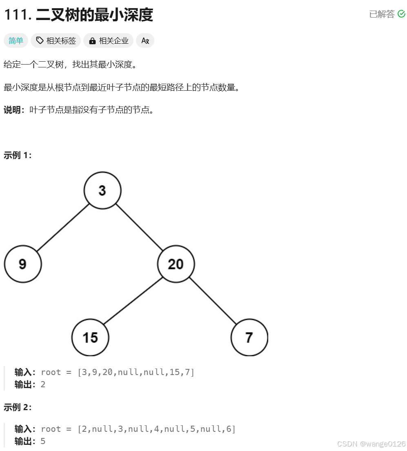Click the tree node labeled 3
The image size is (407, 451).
click(102, 190)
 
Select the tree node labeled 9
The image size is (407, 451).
click(23, 264)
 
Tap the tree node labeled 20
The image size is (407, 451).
click(176, 264)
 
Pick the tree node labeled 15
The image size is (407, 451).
click(90, 337)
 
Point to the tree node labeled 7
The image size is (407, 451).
click(249, 337)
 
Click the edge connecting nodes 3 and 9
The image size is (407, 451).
click(62, 227)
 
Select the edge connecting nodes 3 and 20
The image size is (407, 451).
click(139, 227)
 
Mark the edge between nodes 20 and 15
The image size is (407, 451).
click(133, 301)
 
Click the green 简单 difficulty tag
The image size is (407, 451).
click(16, 40)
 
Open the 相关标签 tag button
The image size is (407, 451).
click(56, 40)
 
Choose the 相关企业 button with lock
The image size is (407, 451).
click(109, 40)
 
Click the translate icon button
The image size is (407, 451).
click(145, 40)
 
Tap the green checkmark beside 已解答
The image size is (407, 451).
click(401, 14)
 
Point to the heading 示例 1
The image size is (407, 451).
click(18, 155)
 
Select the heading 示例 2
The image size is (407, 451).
click(18, 407)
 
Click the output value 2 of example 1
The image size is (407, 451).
click(43, 384)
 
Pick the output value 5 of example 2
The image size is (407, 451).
click(43, 441)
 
